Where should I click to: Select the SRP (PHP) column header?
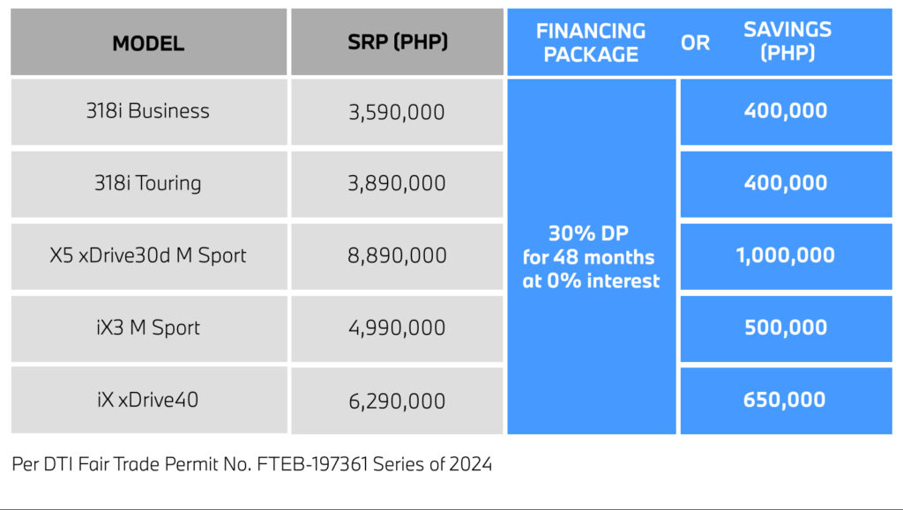[398, 42]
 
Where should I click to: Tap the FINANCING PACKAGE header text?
[591, 42]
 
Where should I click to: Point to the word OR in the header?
[695, 43]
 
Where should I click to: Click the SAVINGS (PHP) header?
[787, 41]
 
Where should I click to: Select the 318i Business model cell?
[148, 111]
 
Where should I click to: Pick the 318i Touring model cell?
[148, 183]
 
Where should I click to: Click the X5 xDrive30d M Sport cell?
[148, 255]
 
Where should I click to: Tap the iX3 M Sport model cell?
[148, 328]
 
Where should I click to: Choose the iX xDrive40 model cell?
[148, 400]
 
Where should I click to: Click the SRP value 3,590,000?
[397, 112]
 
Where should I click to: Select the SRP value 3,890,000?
[397, 183]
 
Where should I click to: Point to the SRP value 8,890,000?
[397, 255]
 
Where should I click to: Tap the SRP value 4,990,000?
[397, 328]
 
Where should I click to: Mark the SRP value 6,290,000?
[397, 401]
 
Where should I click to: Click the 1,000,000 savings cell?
[786, 255]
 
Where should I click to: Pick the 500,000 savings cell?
[786, 328]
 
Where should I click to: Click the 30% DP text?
[588, 233]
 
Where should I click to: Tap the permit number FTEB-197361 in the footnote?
[313, 464]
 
